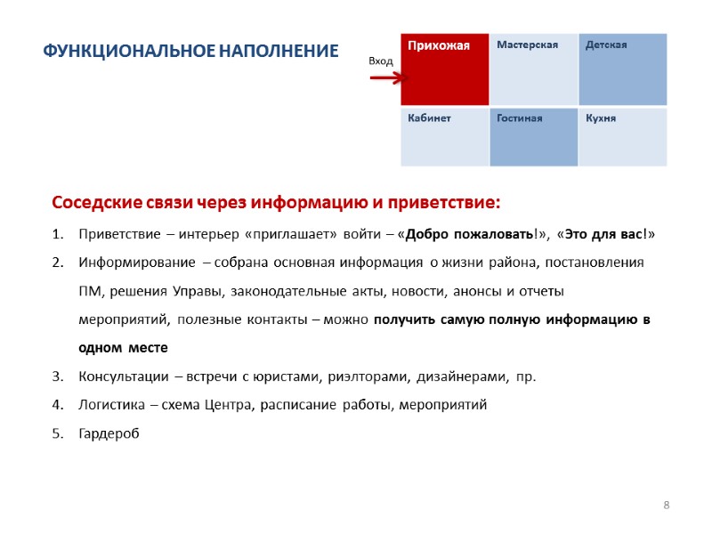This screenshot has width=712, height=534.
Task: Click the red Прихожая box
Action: click(x=444, y=69)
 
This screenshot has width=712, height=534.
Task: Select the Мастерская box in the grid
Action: click(x=533, y=69)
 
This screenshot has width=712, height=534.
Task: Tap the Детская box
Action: click(x=622, y=69)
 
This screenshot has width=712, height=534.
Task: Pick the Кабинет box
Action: click(x=444, y=137)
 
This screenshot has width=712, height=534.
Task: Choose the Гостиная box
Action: click(x=533, y=137)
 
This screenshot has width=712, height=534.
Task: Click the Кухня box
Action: click(x=622, y=137)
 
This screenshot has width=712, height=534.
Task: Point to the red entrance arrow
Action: click(x=385, y=78)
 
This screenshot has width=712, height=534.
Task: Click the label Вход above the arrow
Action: click(x=381, y=60)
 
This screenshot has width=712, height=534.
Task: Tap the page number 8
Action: click(x=666, y=506)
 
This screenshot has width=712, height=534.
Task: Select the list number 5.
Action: click(x=57, y=433)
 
